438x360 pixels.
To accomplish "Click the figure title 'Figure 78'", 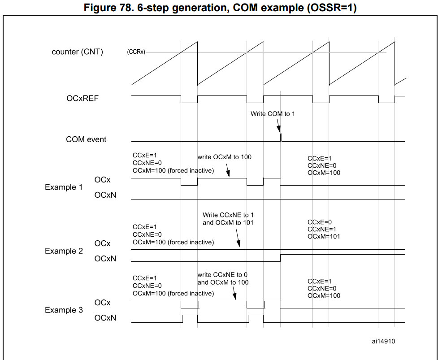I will [218, 8].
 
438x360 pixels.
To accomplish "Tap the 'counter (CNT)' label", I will [77, 52].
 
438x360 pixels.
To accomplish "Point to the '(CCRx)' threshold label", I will [135, 52].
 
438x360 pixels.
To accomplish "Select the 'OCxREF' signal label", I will [82, 98].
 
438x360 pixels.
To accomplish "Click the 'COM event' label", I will [86, 139].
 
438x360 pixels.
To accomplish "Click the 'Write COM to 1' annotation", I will [273, 114].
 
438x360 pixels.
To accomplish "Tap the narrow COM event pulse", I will [281, 137].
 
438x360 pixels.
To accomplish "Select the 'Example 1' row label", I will [64, 187].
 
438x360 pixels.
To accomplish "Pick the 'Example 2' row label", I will [64, 251].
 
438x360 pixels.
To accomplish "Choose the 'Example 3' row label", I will [64, 310].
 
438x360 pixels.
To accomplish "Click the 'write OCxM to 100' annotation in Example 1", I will [225, 157].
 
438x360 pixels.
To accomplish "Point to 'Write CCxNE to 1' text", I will [228, 215].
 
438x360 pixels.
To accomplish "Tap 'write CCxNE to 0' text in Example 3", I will [223, 275].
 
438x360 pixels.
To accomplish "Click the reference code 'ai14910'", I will [383, 341].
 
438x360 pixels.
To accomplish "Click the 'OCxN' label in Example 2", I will [105, 259].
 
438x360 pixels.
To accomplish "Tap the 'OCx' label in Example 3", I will [102, 303].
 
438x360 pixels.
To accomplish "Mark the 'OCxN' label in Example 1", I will [105, 195].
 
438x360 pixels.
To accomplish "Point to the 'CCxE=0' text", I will [320, 222].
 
